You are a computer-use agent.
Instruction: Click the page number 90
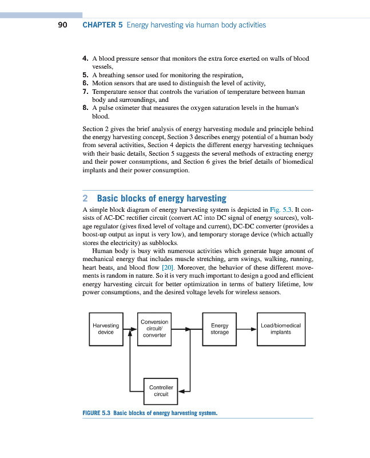63,25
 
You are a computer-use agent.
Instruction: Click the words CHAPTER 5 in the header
102,25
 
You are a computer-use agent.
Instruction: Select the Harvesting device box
106,329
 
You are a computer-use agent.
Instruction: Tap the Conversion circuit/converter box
154,329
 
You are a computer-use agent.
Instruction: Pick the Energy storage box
220,329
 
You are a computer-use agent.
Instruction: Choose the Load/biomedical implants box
280,329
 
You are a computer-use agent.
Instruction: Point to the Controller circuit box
161,390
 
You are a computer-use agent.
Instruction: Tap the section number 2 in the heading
85,199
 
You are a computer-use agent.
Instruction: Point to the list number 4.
85,59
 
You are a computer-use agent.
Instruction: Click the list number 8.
85,107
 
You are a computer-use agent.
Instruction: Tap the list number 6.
85,83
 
